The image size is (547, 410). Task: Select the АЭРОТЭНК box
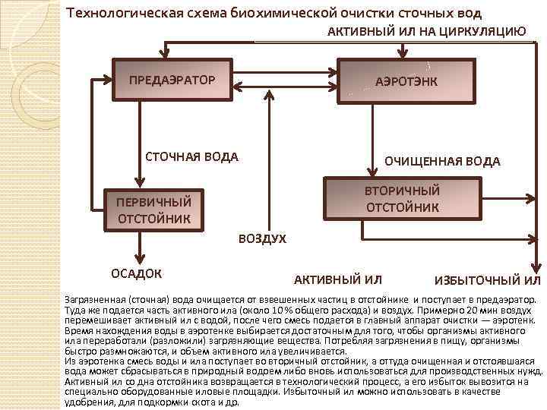[x=406, y=80]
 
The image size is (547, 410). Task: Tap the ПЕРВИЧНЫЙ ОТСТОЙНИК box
[x=153, y=210]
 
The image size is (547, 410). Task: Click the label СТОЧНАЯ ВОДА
[x=191, y=157]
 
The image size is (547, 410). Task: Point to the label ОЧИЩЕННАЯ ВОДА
[x=442, y=161]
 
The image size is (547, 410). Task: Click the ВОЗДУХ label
[x=262, y=239]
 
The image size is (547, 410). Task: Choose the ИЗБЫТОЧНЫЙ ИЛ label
[x=487, y=280]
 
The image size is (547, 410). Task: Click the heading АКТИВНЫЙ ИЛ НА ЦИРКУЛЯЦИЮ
[x=426, y=31]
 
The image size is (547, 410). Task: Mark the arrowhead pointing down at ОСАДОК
[x=140, y=257]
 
